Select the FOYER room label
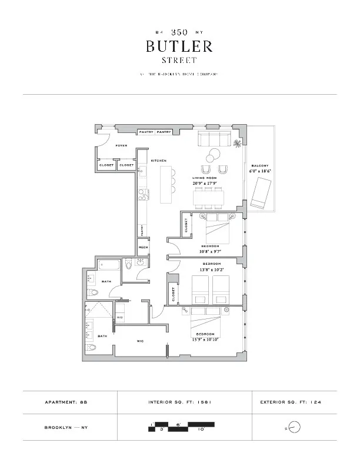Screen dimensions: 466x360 [x=121, y=145]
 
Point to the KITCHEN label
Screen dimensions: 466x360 [x=159, y=161]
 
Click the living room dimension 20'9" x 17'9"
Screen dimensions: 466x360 [x=205, y=183]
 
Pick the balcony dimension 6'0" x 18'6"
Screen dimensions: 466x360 [x=259, y=172]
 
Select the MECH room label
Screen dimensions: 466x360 [x=143, y=248]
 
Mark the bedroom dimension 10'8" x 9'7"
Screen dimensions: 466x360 [x=210, y=251]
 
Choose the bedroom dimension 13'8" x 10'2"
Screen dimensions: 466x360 [x=212, y=269]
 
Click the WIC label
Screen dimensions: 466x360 [x=141, y=341]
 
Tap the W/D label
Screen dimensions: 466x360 [x=119, y=318]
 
